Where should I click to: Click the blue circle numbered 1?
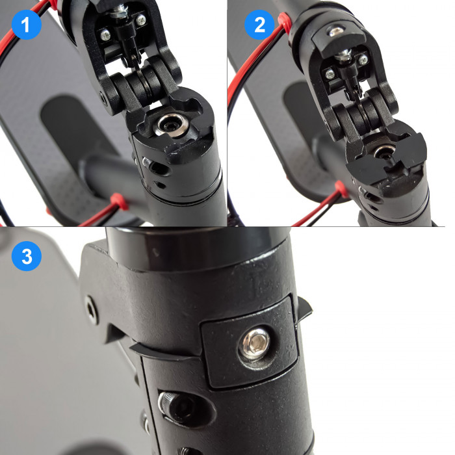[x=27, y=25]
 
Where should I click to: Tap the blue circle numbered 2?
[x=259, y=25]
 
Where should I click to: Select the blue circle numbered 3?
[x=27, y=256]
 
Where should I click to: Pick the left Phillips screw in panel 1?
[x=105, y=35]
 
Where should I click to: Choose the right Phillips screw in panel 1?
[x=141, y=19]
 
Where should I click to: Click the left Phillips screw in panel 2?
[x=330, y=75]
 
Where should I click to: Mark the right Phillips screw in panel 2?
[x=363, y=60]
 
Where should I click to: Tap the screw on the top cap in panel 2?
[x=335, y=31]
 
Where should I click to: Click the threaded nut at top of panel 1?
[x=119, y=11]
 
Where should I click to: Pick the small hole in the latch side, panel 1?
[x=102, y=97]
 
